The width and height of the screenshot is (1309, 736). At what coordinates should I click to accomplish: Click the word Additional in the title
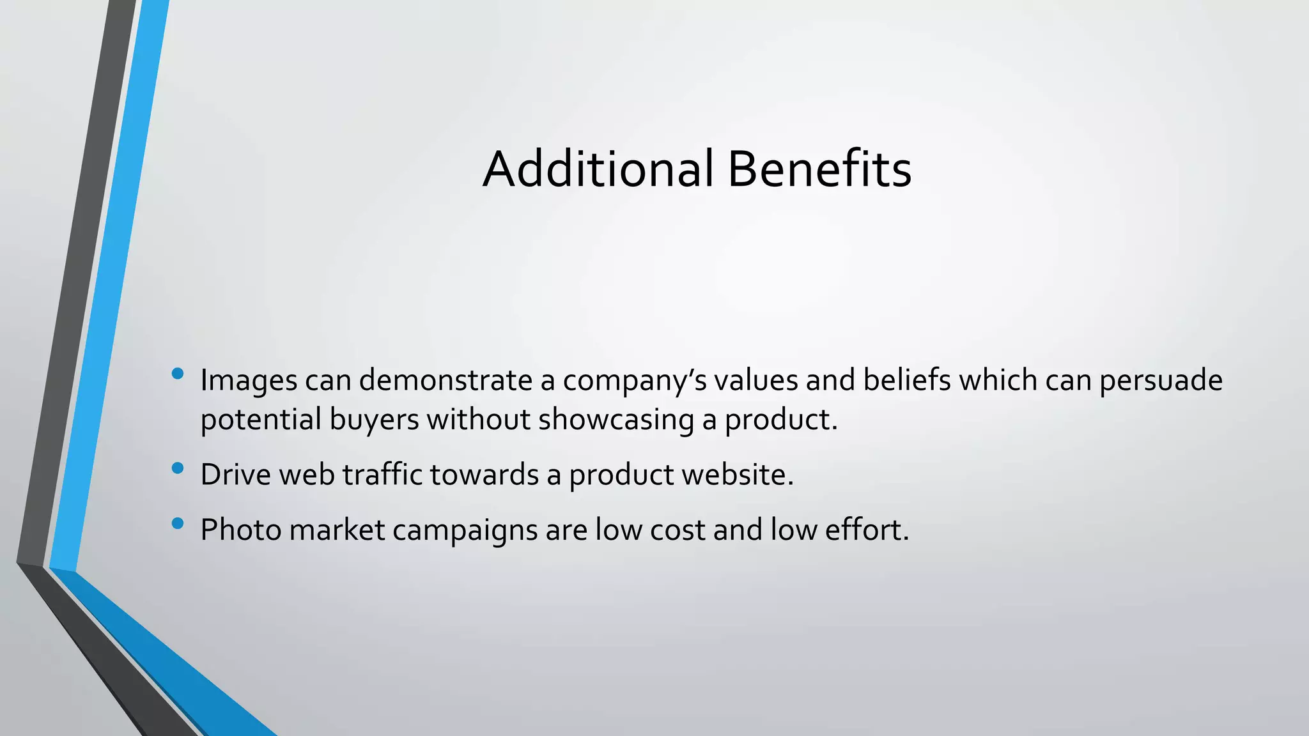pos(598,169)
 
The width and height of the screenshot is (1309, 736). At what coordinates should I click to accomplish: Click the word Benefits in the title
pos(819,169)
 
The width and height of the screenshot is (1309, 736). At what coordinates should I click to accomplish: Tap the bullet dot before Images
pos(178,373)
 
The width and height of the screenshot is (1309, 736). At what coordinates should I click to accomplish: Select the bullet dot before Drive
pos(178,468)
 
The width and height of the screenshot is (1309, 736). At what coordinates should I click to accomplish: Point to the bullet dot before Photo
pos(178,524)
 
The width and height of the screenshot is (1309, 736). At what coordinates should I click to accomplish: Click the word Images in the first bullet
pos(249,381)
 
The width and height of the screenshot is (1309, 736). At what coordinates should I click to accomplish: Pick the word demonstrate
pos(445,381)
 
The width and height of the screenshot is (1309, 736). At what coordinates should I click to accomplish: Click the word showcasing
pos(616,420)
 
